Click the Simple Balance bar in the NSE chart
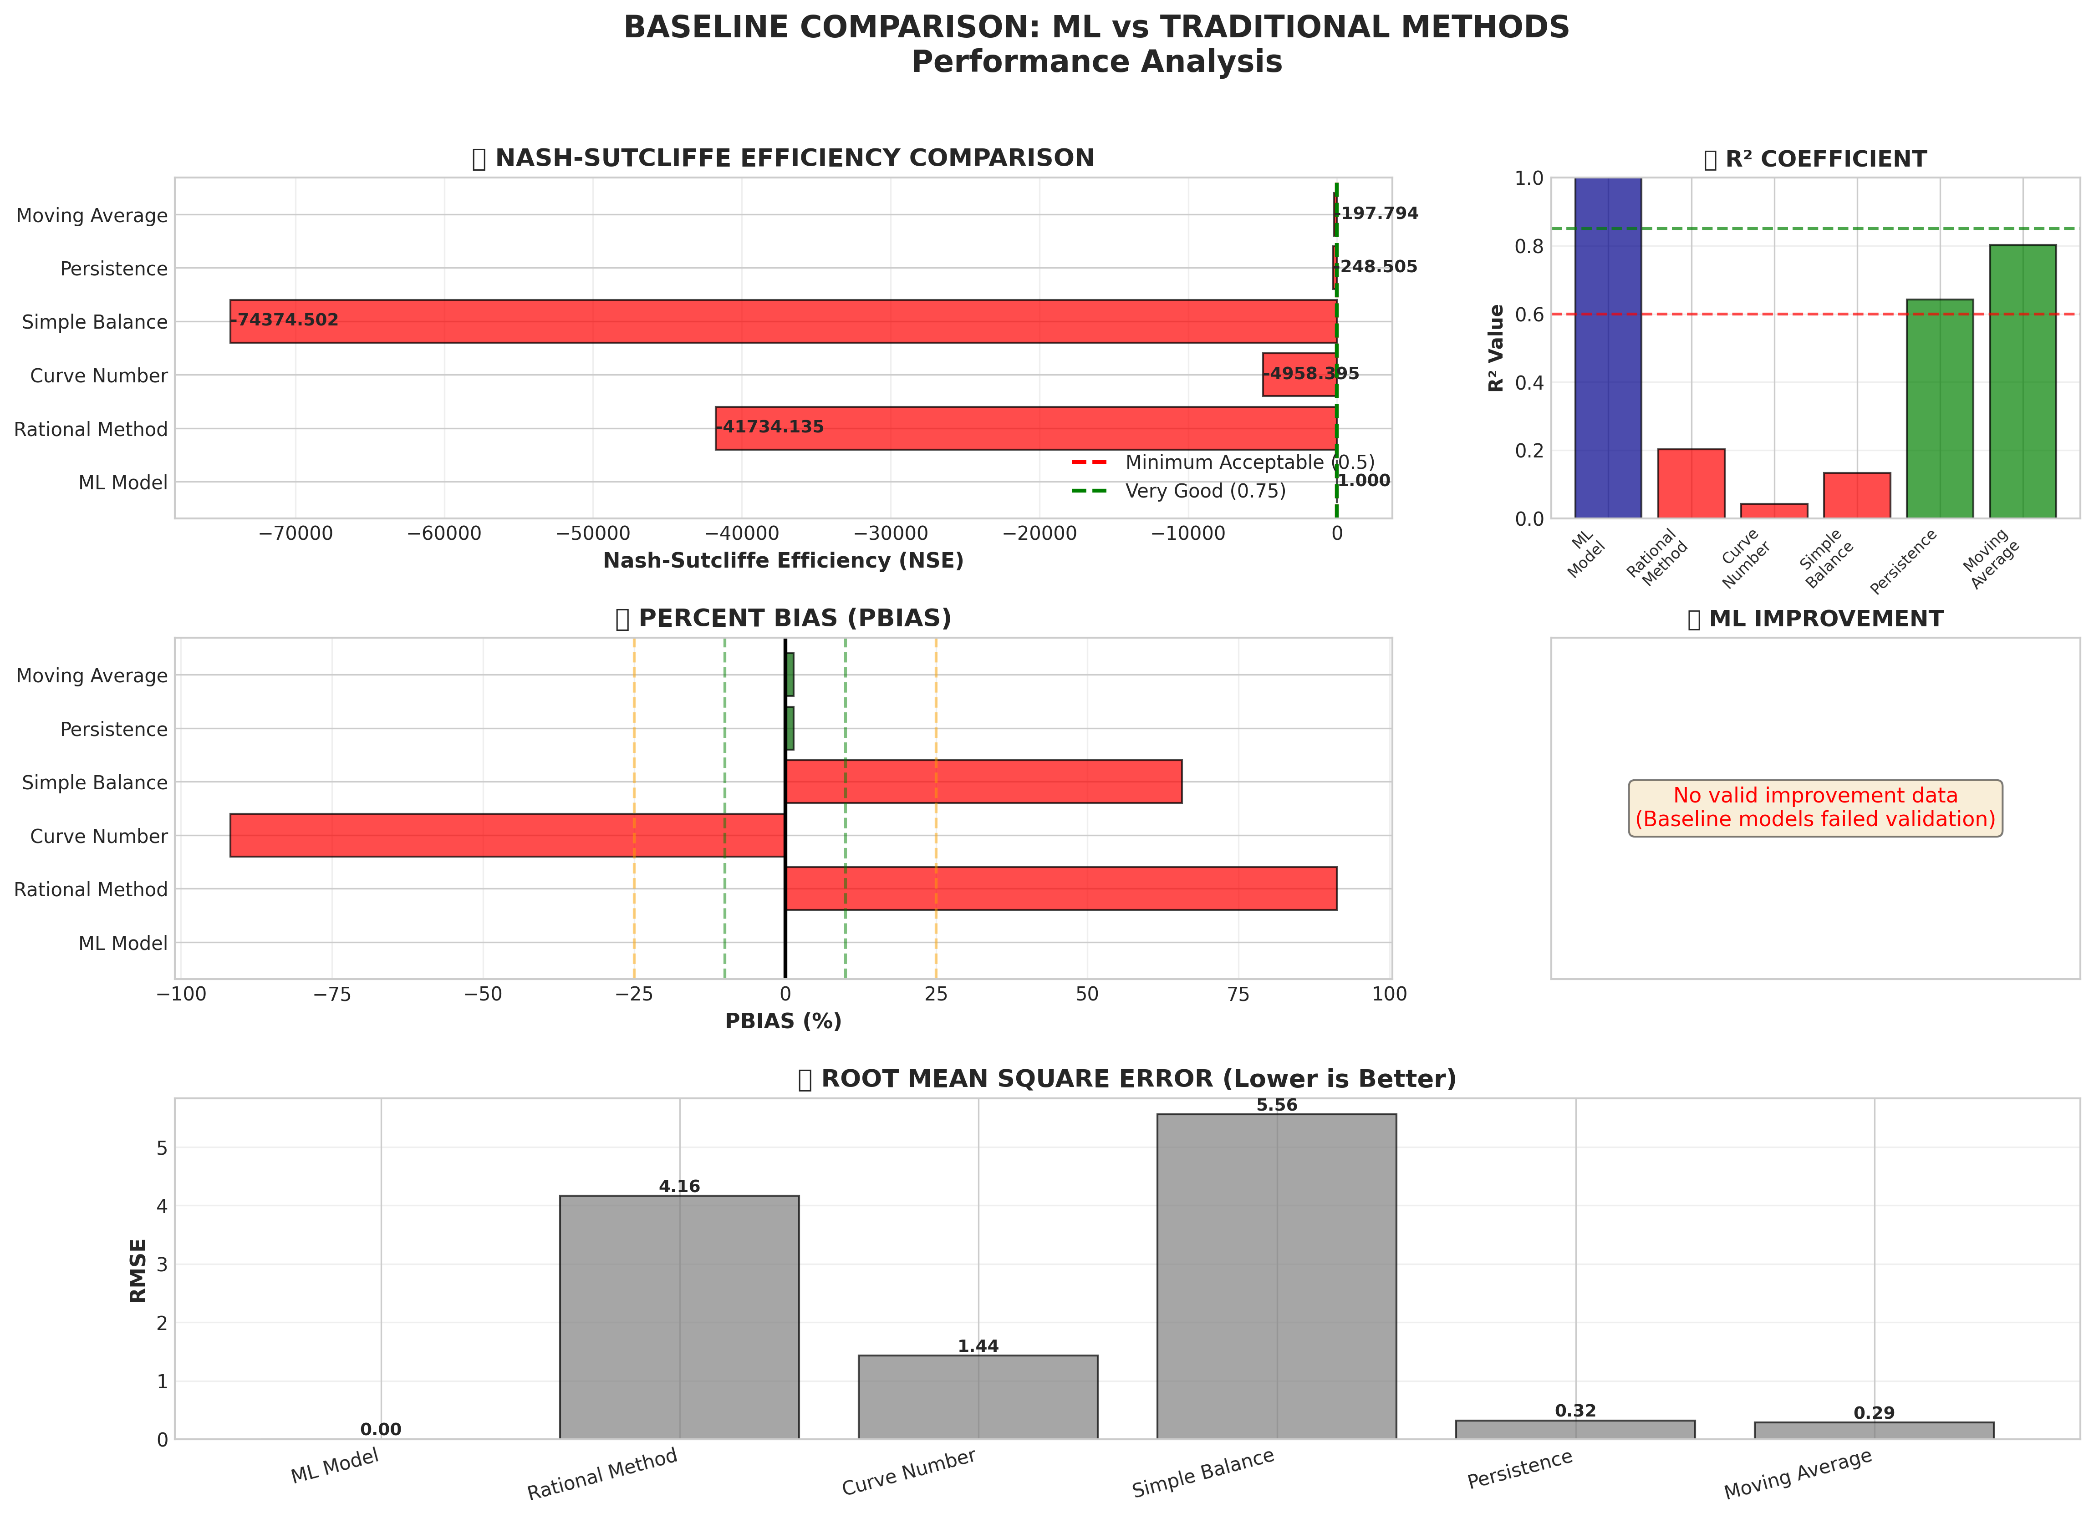pos(783,321)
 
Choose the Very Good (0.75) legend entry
pos(1205,491)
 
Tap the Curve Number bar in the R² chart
pos(1773,510)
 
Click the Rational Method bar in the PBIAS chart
pos(1061,888)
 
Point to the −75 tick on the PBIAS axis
pos(332,994)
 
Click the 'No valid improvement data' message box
pos(1815,807)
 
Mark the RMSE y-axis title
pos(138,1270)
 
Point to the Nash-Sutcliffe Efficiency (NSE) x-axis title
pos(783,561)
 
